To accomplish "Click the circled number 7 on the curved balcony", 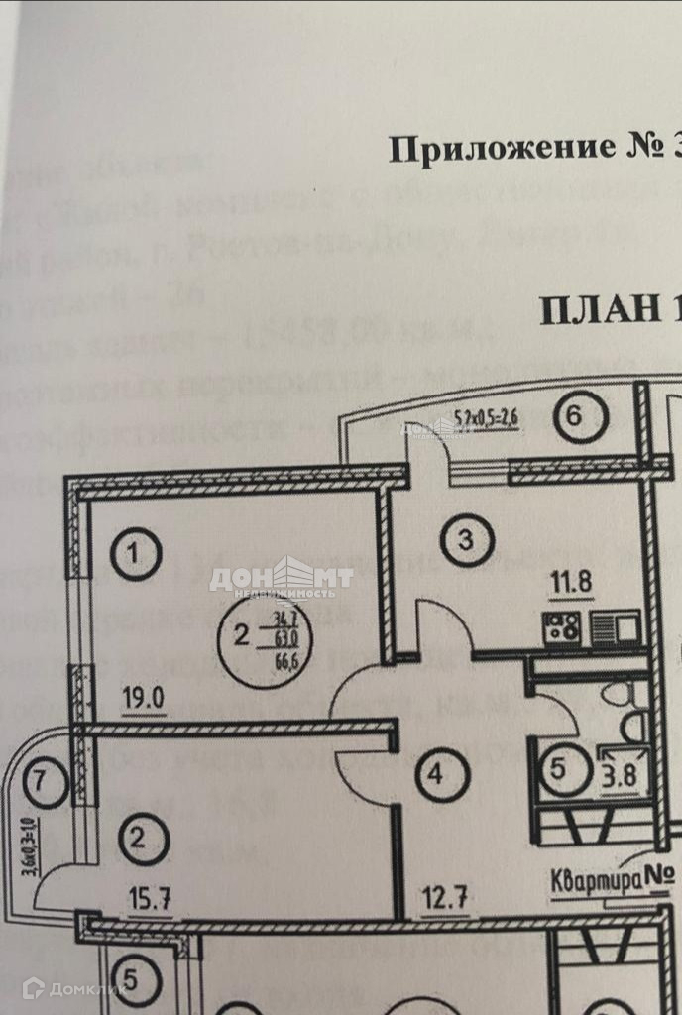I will coord(39,780).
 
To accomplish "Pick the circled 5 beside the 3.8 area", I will coord(558,768).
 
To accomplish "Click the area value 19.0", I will coord(143,696).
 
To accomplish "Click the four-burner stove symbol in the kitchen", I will coord(560,627).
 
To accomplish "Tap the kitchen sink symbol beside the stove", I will coord(607,627).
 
